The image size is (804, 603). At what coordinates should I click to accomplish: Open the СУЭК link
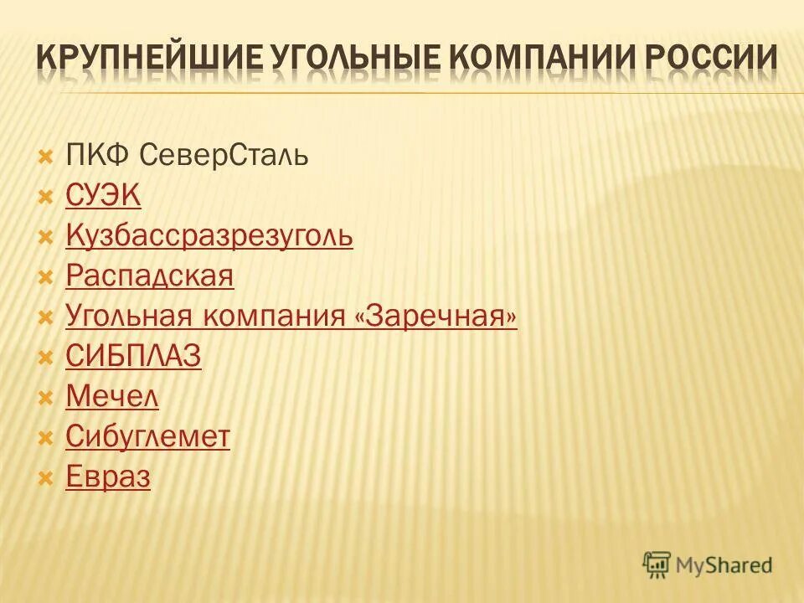[103, 196]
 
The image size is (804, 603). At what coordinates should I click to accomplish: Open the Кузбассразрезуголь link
[209, 237]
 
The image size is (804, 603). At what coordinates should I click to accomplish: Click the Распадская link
[149, 276]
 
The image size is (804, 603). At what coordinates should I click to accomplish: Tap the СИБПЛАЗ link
[133, 357]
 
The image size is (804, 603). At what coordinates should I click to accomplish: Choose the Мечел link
[112, 397]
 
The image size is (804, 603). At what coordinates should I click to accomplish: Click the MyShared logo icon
[657, 564]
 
